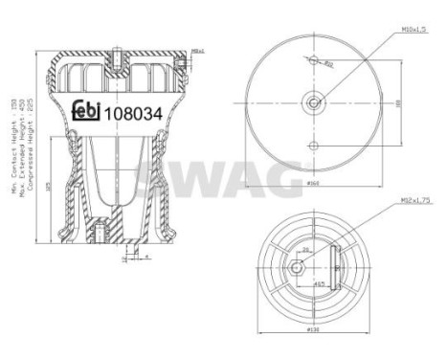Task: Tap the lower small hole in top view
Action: [x=314, y=145]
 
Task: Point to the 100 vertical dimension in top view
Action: [x=397, y=100]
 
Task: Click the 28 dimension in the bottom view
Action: [x=306, y=248]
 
